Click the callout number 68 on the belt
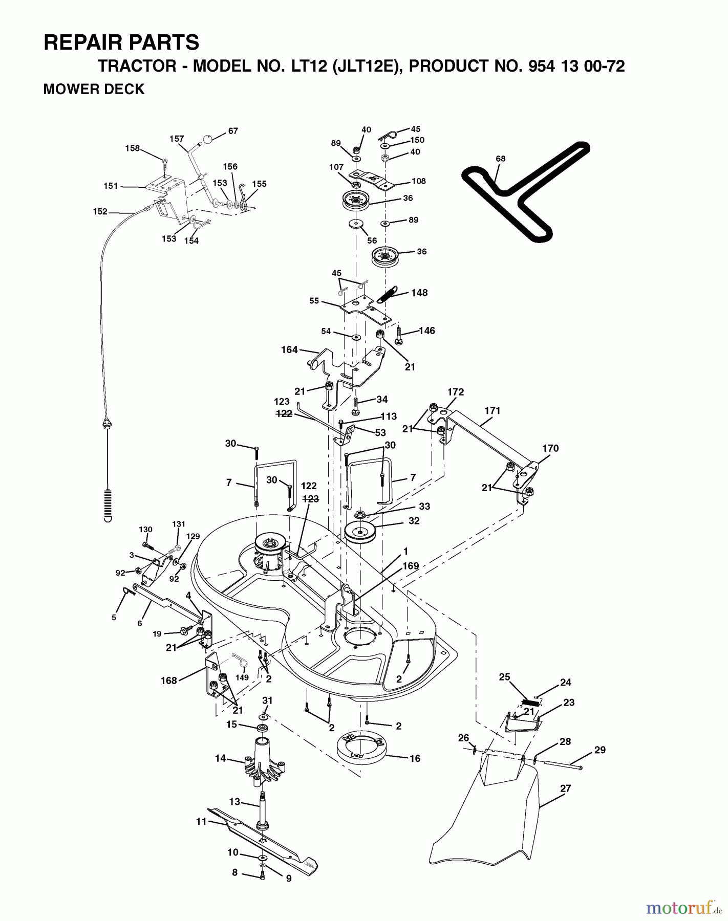click(500, 159)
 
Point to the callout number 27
click(565, 788)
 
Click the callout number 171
click(492, 410)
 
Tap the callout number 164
click(289, 350)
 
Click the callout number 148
click(419, 293)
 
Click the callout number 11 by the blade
click(201, 822)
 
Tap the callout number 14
click(220, 758)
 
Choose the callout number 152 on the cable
click(100, 211)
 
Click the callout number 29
click(600, 750)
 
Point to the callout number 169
click(411, 566)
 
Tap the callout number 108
click(418, 181)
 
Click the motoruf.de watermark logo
click(681, 908)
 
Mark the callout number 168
click(168, 681)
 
